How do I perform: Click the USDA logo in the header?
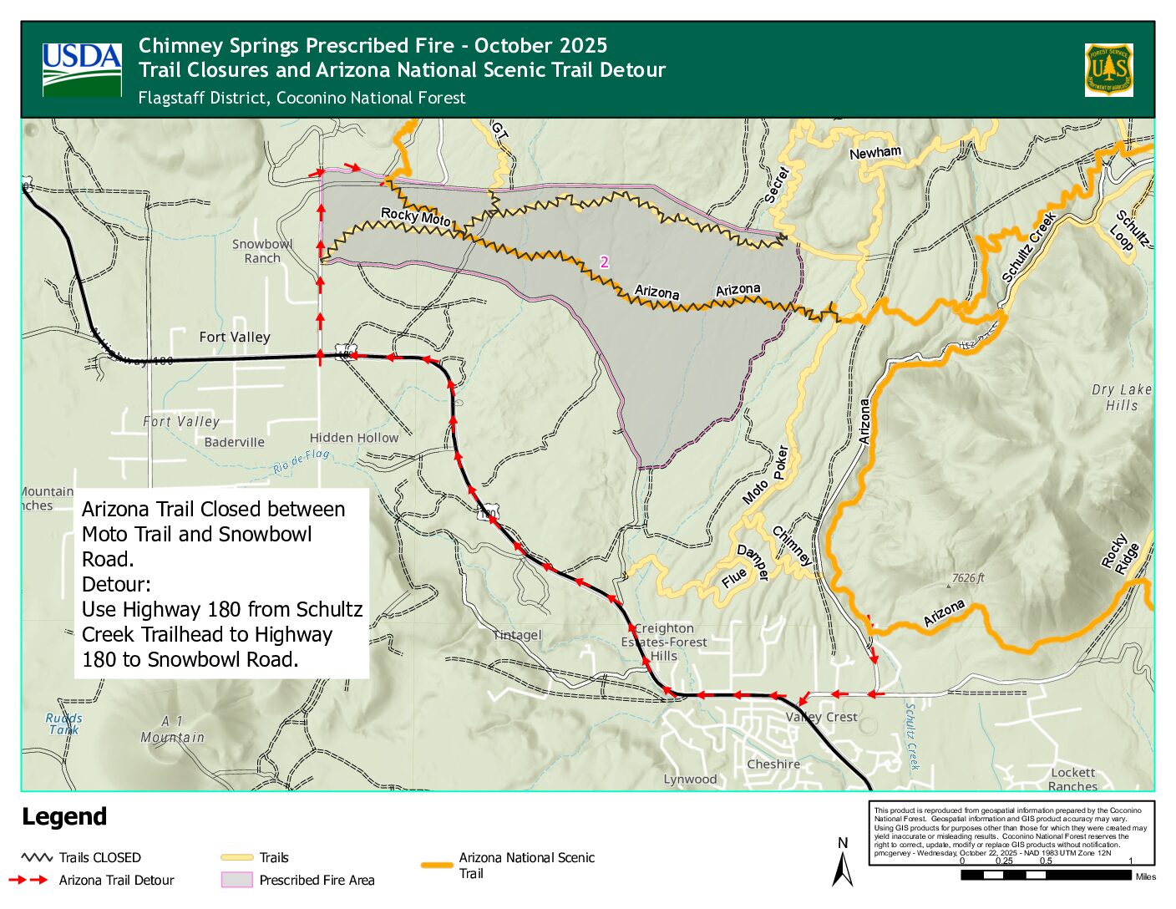coord(82,69)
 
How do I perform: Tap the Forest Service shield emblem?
coord(1108,69)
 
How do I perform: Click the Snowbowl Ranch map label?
coord(262,251)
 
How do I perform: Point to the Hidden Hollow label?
coord(353,437)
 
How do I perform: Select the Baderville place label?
coord(234,442)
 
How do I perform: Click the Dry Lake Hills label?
coord(1121,397)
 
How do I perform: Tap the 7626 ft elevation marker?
coord(967,578)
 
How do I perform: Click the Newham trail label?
coord(874,153)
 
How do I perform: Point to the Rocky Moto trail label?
coord(415,216)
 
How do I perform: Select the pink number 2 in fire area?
coord(604,262)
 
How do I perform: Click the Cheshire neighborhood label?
coord(773,764)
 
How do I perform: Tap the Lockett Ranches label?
coord(1072,779)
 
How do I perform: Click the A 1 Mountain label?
coord(172,729)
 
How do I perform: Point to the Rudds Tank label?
coord(63,724)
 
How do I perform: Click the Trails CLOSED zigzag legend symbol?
coord(37,857)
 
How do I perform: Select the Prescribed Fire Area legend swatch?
coord(236,880)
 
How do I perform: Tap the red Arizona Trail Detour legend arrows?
coord(28,880)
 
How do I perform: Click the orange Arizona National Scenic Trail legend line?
coord(437,865)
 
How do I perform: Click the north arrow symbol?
coord(843,866)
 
